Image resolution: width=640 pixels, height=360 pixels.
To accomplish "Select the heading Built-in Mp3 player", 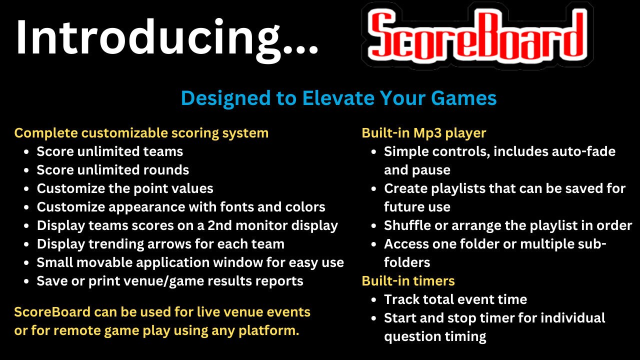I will click(423, 133).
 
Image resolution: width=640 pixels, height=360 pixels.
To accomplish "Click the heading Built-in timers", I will click(408, 281).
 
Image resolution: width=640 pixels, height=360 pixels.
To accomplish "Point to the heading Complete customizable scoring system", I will click(141, 133).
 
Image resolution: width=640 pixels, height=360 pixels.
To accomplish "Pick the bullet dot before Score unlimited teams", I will click(27, 151).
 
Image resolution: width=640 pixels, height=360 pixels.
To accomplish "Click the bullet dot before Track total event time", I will click(374, 299).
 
